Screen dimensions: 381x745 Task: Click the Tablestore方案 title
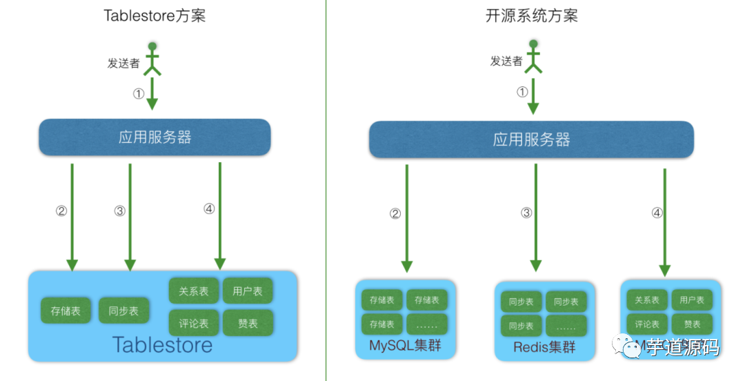[155, 16]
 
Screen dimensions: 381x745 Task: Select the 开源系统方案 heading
[531, 16]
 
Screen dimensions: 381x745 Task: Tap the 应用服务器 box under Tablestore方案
[155, 137]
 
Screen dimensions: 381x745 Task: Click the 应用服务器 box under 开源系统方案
[531, 139]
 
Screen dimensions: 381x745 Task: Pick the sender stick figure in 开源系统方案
[533, 56]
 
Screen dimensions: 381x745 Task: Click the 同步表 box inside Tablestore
[123, 311]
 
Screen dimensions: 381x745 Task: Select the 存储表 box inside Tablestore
[66, 311]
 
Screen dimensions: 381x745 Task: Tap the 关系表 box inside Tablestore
[193, 291]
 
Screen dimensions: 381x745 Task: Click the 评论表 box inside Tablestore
[193, 322]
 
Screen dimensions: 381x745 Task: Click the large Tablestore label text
[162, 344]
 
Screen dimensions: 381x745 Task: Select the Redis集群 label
[544, 347]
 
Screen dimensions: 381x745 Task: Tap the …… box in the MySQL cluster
[426, 324]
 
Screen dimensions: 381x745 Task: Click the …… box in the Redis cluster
[566, 326]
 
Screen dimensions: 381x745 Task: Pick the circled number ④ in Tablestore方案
[209, 208]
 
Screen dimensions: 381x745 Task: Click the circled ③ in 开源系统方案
[526, 213]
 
